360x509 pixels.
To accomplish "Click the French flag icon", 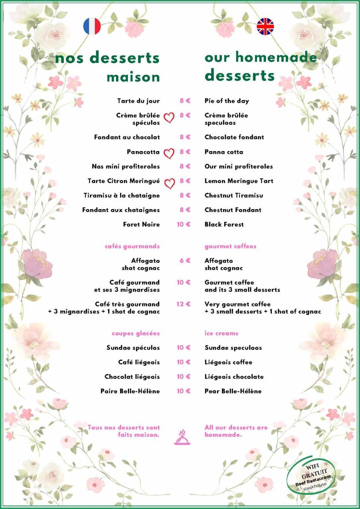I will (x=92, y=26).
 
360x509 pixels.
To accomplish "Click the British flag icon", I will (x=265, y=27).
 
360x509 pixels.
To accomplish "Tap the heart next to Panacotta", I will (x=169, y=153).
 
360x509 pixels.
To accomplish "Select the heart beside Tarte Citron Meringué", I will (x=169, y=183).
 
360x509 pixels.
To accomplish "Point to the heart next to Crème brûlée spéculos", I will (x=169, y=117).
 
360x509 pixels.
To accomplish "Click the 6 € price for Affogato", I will (x=185, y=260).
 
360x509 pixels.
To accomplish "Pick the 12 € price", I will (x=183, y=304).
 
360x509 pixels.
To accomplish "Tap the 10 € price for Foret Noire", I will (x=183, y=224).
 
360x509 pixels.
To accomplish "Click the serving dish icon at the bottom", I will (x=182, y=437).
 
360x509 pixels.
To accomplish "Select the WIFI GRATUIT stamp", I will (x=311, y=476).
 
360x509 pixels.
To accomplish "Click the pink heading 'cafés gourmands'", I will (x=132, y=246).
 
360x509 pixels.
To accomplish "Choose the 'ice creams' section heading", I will (x=221, y=333).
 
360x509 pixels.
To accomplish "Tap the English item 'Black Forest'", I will (x=224, y=224).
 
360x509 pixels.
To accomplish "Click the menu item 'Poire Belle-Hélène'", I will (x=130, y=391).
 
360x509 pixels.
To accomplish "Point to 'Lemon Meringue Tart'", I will (x=239, y=181).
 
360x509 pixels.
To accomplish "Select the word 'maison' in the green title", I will (x=133, y=77).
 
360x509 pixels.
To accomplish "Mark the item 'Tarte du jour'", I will (x=138, y=101).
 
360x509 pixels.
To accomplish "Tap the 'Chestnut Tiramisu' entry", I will (x=234, y=195).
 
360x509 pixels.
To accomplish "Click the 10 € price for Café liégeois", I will (x=183, y=362).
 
